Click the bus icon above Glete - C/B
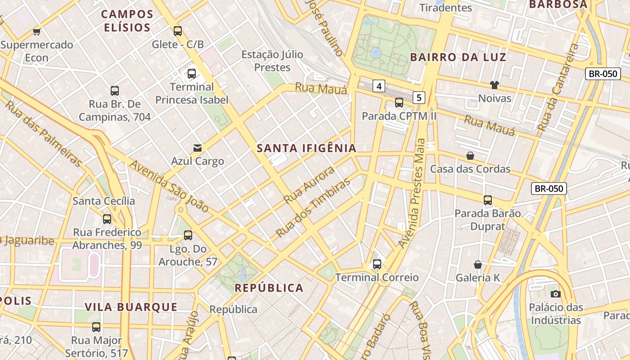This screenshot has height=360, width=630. pos(178,31)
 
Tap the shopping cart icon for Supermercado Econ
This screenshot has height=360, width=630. pos(37,31)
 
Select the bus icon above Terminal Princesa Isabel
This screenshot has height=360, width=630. pos(192,74)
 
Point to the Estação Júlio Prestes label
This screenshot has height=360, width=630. pos(272,61)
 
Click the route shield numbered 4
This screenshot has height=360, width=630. pos(379,86)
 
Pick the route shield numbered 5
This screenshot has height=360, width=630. pos(419,97)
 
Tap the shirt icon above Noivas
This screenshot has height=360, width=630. pos(495,85)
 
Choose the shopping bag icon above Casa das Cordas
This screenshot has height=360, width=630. pos(470,156)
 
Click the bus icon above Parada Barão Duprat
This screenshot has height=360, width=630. pos(488,200)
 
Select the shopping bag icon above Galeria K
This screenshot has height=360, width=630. pos(478,265)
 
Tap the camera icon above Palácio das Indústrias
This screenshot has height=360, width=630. pos(556,294)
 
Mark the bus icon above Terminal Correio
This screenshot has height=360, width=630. pos(377,264)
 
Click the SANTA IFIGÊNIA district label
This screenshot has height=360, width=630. pos(306,148)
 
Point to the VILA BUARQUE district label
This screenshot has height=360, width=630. pos(131,307)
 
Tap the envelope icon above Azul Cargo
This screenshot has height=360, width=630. pos(197,148)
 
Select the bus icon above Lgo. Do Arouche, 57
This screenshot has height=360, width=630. pos(188,235)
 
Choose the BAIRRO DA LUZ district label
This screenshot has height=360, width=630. pos(459,57)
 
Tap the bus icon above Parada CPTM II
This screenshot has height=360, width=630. pos(399,103)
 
